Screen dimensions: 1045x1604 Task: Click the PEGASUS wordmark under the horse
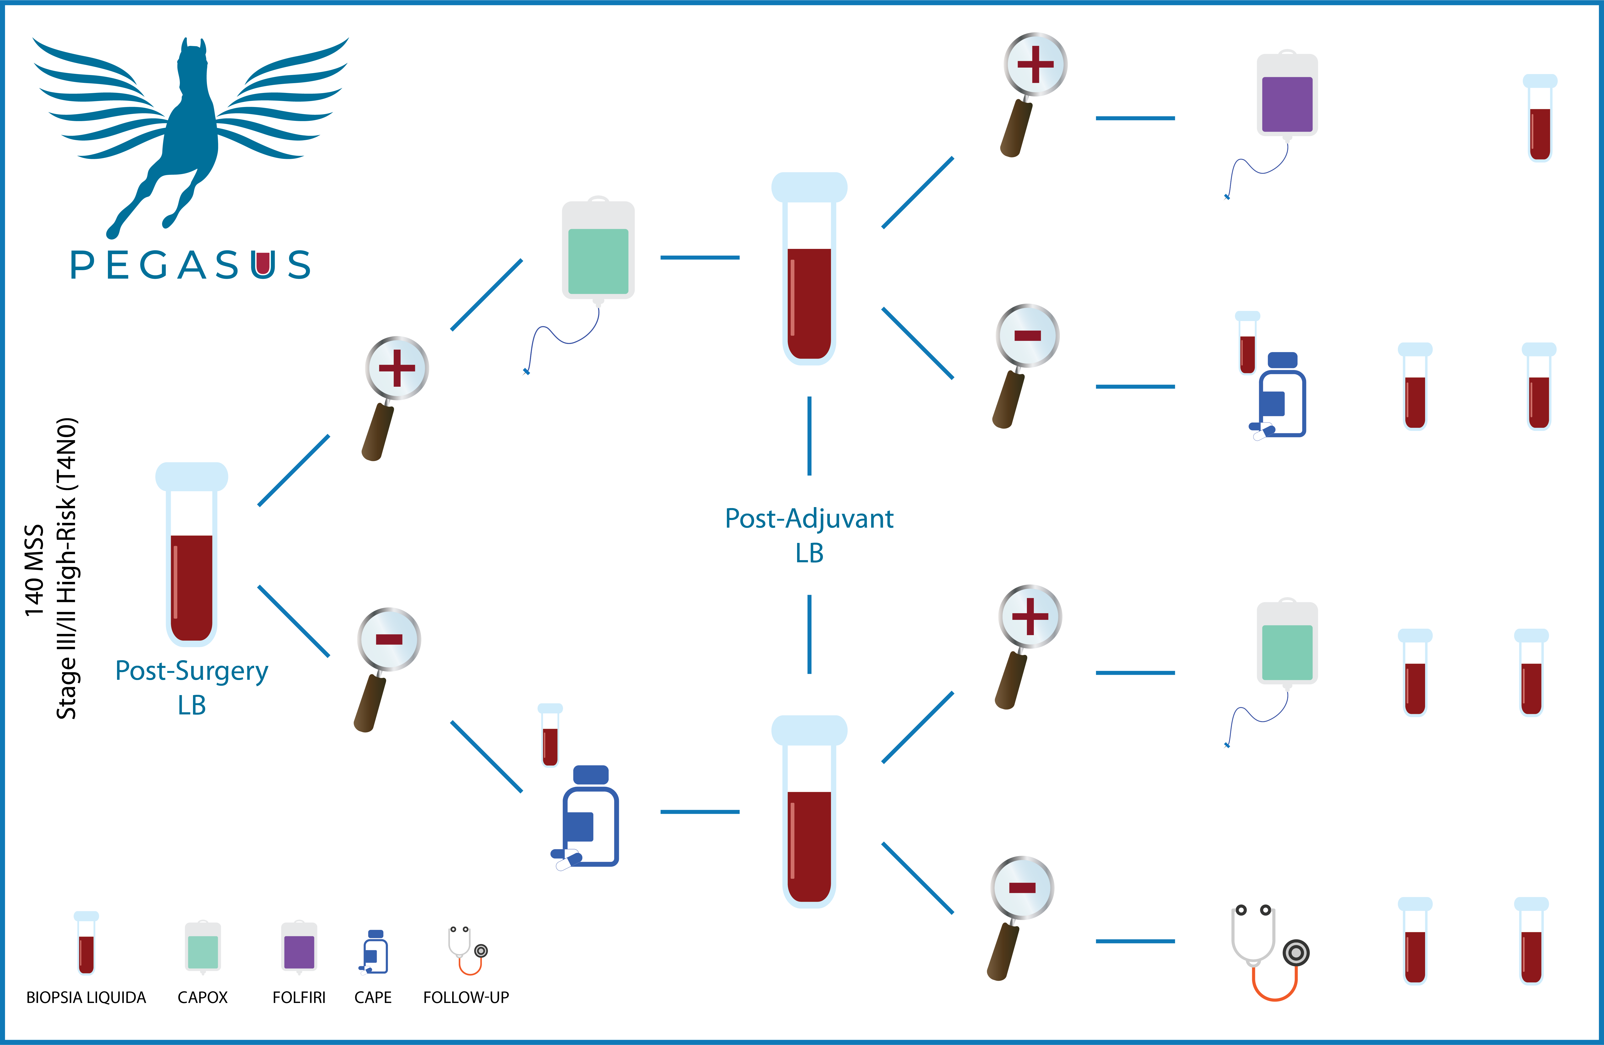tap(191, 265)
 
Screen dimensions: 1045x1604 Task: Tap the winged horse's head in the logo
tap(192, 64)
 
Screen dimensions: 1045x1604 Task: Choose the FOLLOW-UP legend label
tap(466, 997)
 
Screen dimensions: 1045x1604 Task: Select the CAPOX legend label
tap(202, 997)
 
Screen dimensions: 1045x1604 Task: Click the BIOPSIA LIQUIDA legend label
tap(86, 997)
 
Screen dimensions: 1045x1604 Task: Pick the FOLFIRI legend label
tap(299, 997)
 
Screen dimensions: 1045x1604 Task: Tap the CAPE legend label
tap(373, 997)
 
